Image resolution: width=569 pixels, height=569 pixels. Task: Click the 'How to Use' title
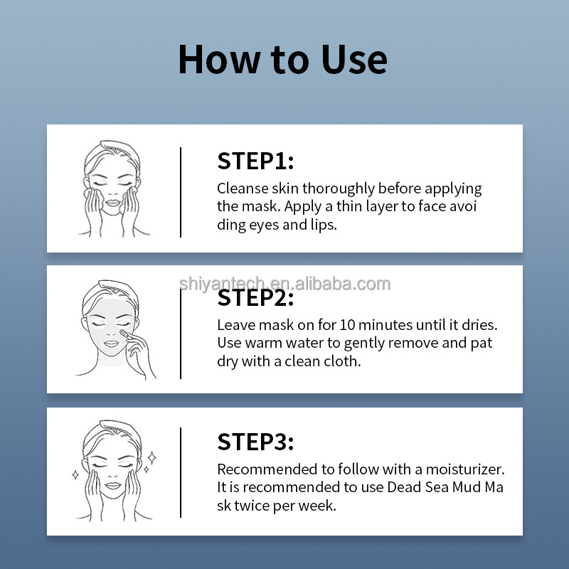coord(282,60)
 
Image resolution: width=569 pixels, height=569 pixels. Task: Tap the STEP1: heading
coord(255,161)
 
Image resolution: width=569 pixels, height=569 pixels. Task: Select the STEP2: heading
coord(255,298)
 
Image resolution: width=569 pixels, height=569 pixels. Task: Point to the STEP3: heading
coord(255,442)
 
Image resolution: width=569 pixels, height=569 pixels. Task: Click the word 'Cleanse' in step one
coord(243,188)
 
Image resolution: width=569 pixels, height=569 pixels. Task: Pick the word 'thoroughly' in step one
coord(339,189)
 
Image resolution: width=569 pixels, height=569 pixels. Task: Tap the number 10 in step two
coord(347,325)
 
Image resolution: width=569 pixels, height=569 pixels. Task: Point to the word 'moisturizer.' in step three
coord(465,469)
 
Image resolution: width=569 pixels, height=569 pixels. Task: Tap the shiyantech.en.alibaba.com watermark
coord(285,284)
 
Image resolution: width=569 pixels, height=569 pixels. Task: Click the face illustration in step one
coord(113,188)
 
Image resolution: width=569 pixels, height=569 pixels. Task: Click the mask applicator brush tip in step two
coord(123,332)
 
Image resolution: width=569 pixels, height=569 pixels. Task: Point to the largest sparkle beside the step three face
coord(152,458)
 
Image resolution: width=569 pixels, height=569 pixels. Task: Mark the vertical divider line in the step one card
coord(181,192)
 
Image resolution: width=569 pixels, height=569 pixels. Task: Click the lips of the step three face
coord(113,486)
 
